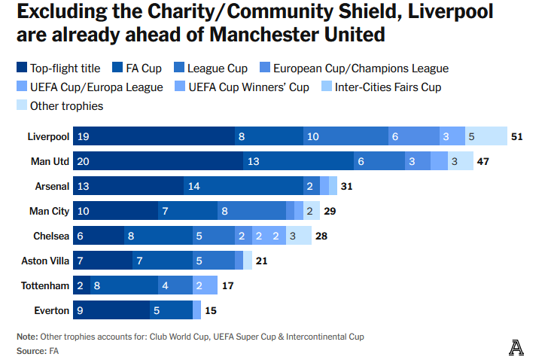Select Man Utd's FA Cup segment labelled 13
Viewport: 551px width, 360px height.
pyautogui.click(x=298, y=161)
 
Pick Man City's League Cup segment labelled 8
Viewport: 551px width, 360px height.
pyautogui.click(x=251, y=211)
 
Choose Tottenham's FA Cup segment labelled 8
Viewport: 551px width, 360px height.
pyautogui.click(x=124, y=285)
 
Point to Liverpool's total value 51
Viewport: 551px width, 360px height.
pyautogui.click(x=516, y=136)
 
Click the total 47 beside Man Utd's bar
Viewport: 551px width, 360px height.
pyautogui.click(x=484, y=161)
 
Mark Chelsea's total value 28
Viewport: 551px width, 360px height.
pyautogui.click(x=321, y=236)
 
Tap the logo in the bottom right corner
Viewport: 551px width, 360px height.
pyautogui.click(x=516, y=347)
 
